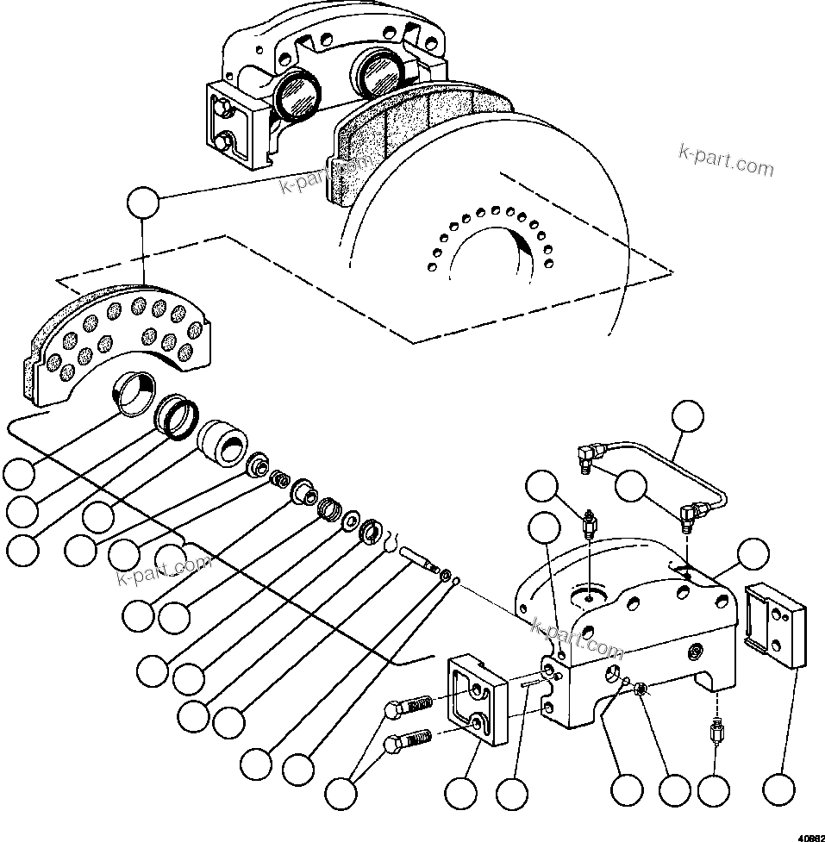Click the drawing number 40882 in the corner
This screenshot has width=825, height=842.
coord(809,835)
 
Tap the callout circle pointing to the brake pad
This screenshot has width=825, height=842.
coord(143,204)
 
